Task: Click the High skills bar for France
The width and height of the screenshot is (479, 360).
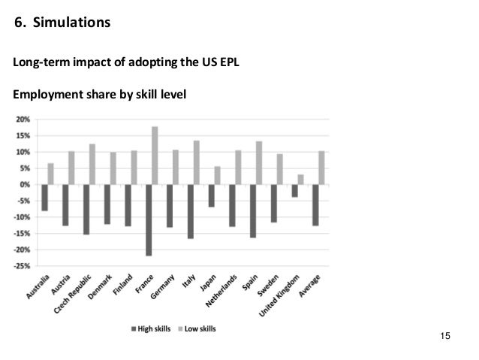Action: pos(149,219)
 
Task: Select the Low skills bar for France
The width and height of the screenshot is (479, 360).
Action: pos(155,156)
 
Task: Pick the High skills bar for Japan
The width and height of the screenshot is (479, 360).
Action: pos(211,195)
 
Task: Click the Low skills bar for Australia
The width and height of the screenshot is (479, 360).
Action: pos(51,174)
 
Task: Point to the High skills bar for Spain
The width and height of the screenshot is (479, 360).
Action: pos(252,210)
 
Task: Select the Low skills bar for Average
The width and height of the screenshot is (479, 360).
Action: pos(321,168)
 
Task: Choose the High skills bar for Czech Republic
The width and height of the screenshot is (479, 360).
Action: pos(86,209)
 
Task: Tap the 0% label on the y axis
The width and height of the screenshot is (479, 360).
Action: pos(25,184)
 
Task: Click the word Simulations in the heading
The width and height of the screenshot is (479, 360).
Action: pos(72,23)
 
